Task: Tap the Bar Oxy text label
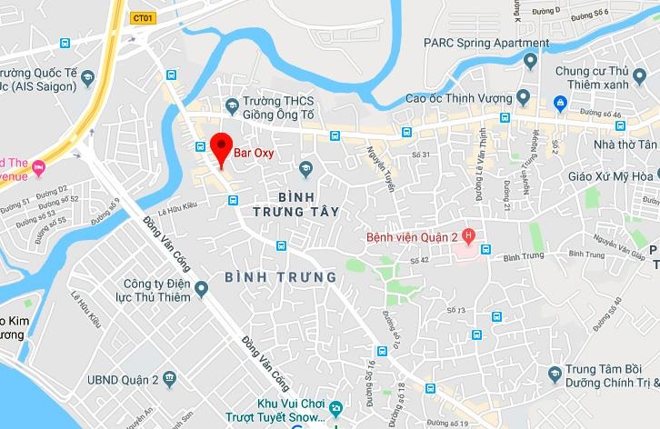pyautogui.click(x=254, y=153)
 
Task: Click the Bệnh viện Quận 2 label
pyautogui.click(x=406, y=237)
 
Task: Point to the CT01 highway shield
pyautogui.click(x=142, y=17)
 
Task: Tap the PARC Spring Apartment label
pyautogui.click(x=486, y=43)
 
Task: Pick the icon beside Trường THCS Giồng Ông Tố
pyautogui.click(x=233, y=105)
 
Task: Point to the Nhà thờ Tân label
pyautogui.click(x=623, y=145)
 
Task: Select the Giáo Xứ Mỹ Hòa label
pyautogui.click(x=610, y=175)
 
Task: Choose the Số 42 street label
pyautogui.click(x=418, y=261)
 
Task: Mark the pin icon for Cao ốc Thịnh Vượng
pyautogui.click(x=523, y=96)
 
